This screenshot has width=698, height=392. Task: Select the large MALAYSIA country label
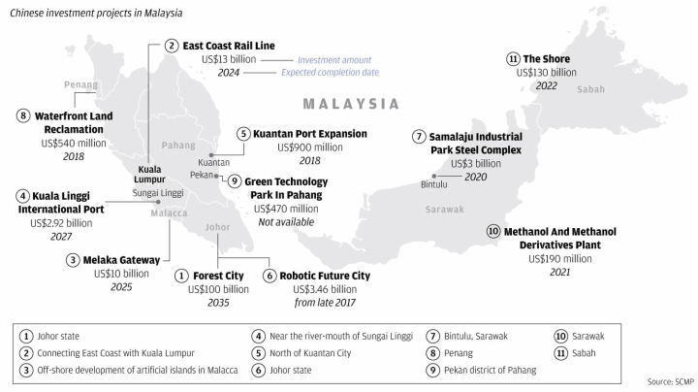tap(351, 104)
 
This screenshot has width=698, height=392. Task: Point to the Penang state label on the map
tap(81, 85)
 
